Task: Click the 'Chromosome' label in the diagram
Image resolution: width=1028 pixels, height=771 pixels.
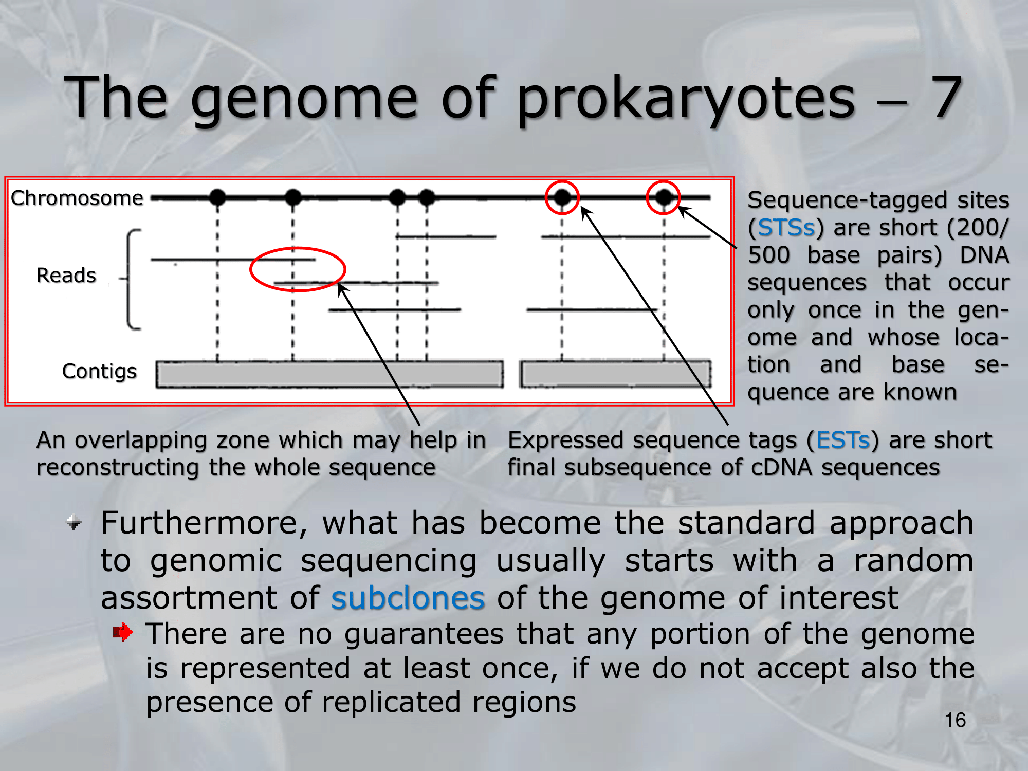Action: click(77, 198)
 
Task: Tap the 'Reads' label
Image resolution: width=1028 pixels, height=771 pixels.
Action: click(66, 276)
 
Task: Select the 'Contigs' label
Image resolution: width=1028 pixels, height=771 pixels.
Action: click(99, 372)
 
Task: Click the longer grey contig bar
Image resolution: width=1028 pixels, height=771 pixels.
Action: click(330, 374)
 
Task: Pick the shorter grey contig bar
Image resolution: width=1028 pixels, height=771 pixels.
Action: click(616, 374)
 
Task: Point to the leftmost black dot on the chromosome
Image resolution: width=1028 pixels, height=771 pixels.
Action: click(217, 197)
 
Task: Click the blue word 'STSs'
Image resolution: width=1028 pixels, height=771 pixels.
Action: click(786, 228)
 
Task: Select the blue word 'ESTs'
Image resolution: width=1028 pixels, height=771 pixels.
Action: click(843, 440)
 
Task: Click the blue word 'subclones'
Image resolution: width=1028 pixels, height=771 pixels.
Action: click(408, 598)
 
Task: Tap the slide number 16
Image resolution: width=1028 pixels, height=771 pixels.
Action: click(955, 720)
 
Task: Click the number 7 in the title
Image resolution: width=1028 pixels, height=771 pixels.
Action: click(946, 97)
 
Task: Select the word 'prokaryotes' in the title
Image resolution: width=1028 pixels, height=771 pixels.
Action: click(686, 100)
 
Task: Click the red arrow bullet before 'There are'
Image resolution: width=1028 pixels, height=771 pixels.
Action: click(123, 632)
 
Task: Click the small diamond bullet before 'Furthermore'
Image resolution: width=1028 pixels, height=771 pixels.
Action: click(75, 523)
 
